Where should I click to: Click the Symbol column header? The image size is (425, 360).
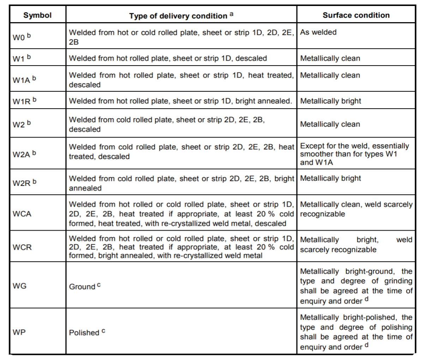tap(37, 15)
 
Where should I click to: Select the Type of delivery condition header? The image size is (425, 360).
tap(178, 16)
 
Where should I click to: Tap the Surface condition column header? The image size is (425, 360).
tap(356, 15)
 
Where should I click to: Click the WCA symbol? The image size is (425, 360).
tap(22, 214)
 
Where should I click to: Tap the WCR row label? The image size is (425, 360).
tap(22, 247)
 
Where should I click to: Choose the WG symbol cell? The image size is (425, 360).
tap(19, 286)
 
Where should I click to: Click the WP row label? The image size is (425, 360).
tap(19, 332)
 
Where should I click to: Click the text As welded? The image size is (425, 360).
tap(318, 32)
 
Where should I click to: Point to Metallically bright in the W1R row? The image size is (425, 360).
tap(330, 101)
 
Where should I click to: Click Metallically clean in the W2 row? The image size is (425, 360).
tap(330, 124)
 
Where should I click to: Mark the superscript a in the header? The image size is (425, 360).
tap(231, 14)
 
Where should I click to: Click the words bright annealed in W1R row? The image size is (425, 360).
tap(263, 101)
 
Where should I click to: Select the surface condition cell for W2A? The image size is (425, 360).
tap(354, 154)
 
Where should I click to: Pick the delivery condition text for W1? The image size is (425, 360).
tap(168, 58)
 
